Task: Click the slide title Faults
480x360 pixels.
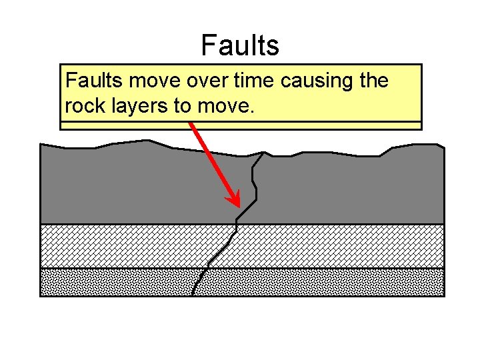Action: click(240, 45)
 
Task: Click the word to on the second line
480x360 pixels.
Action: click(183, 106)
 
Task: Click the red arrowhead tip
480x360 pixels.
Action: click(237, 204)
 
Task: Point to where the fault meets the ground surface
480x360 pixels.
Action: click(265, 153)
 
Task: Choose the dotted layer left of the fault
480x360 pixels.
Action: click(113, 282)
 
